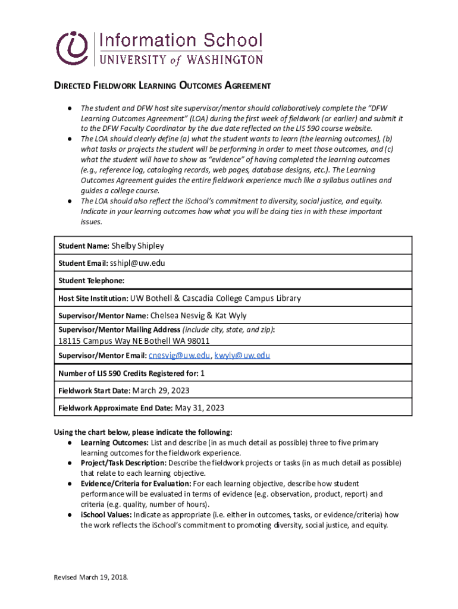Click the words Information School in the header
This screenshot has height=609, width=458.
(180, 41)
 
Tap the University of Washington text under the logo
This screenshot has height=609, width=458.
(180, 59)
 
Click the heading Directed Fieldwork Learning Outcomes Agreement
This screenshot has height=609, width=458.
(162, 86)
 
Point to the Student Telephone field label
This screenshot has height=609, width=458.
(91, 281)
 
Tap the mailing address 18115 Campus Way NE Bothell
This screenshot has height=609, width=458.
(134, 341)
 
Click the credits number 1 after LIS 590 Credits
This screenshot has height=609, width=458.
(202, 373)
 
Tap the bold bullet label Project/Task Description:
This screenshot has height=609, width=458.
(124, 463)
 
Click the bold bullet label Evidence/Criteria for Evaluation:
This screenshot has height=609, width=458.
(136, 484)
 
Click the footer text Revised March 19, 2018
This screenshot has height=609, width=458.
(91, 577)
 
